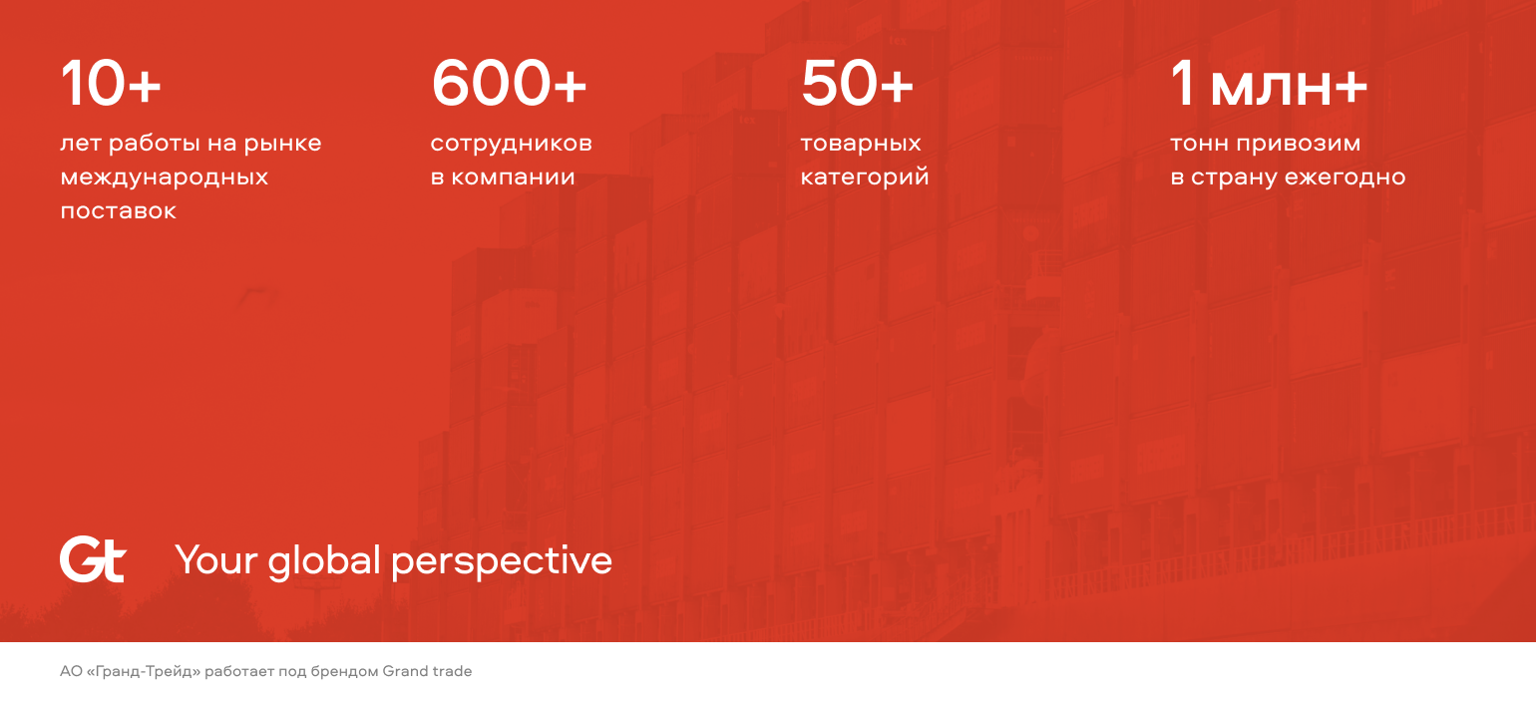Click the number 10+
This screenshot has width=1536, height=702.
pos(111,83)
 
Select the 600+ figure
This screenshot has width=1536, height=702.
pos(509,83)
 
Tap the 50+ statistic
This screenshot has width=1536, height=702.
pos(857,83)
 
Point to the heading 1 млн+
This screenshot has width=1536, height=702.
pos(1269,84)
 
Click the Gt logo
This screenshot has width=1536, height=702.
pos(93,559)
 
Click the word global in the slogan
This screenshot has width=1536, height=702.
pos(323,560)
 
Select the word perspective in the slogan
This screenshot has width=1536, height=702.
pos(502,561)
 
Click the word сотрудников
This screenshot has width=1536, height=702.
pos(511,144)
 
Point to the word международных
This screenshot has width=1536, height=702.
pos(164,177)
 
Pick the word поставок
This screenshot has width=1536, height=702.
pos(118,211)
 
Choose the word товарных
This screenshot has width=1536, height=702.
pos(861,144)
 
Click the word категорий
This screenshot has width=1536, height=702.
pos(864,176)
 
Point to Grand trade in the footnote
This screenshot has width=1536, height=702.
pos(427,671)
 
